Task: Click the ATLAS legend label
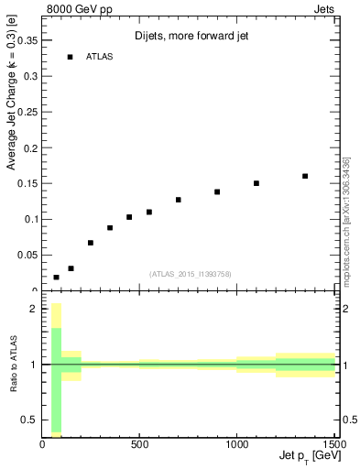[x=100, y=57]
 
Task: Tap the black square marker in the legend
[x=70, y=57]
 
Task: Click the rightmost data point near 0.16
[x=305, y=176]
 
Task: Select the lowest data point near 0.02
[x=57, y=277]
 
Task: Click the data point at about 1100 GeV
[x=256, y=183]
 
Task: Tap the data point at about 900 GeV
[x=217, y=191]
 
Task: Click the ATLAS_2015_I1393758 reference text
[x=190, y=273]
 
